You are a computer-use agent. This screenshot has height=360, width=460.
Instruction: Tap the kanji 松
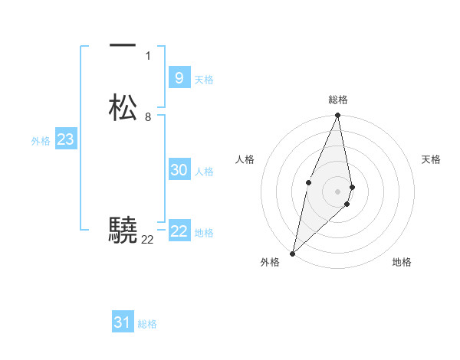tap(123, 108)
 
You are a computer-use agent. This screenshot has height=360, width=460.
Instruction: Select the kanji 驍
tap(123, 229)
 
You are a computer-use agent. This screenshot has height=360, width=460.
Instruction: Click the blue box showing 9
tap(179, 78)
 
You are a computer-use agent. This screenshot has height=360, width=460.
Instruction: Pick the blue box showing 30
tap(179, 171)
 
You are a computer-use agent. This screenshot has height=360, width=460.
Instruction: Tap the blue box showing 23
tap(65, 140)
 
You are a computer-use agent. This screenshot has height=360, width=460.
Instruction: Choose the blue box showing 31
tap(123, 322)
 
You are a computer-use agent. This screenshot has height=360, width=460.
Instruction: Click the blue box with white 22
tap(179, 232)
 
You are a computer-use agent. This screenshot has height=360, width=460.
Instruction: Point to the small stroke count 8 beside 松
tap(148, 117)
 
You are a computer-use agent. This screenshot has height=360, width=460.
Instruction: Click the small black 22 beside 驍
tap(147, 240)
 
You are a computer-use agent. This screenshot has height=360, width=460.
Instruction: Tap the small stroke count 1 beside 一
tap(148, 55)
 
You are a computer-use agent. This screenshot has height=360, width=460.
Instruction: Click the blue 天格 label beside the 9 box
tap(204, 80)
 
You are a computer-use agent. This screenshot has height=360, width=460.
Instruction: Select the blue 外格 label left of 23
tap(41, 141)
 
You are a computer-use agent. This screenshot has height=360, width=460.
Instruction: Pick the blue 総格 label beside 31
tap(147, 324)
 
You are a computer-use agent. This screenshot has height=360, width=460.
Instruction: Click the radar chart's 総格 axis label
tap(338, 100)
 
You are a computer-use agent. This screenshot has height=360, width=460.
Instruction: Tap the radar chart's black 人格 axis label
tap(245, 159)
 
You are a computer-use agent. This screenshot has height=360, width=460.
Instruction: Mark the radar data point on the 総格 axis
tap(338, 116)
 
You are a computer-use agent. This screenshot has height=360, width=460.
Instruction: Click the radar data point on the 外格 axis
tap(292, 253)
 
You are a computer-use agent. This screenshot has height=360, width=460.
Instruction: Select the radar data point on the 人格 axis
tap(308, 182)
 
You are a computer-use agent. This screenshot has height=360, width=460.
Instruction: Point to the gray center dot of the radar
tap(338, 191)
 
